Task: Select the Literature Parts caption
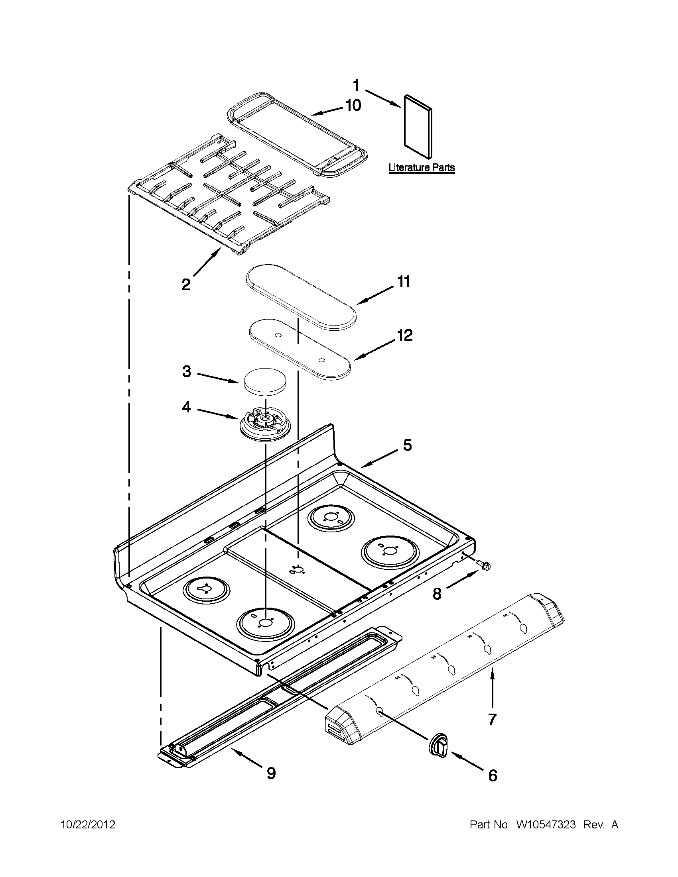point(421,167)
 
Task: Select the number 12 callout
point(405,335)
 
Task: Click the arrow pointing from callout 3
point(219,379)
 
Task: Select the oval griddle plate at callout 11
point(301,297)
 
